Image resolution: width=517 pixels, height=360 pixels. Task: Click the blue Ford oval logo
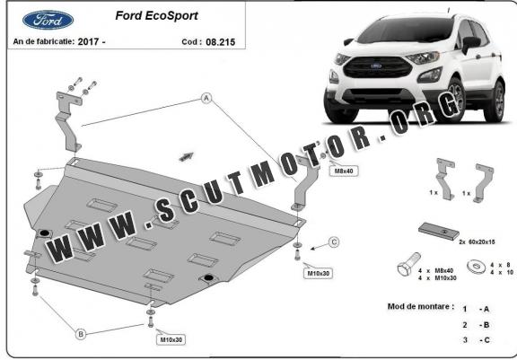pos(48,20)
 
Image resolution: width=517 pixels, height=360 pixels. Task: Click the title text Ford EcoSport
pos(156,15)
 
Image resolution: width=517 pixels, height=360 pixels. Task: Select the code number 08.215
pos(220,42)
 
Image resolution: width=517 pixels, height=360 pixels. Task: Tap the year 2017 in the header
pos(88,41)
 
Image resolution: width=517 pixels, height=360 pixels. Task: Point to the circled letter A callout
pos(206,98)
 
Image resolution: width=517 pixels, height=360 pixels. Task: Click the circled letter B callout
pos(81,334)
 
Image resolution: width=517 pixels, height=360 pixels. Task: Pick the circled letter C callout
pos(334,242)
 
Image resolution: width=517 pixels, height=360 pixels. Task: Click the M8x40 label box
pos(344,171)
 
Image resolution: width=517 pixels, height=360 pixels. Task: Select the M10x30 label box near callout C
pos(318,273)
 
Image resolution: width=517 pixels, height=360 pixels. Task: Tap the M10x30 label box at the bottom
pos(171,339)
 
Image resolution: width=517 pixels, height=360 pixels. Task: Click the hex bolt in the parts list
pos(409,265)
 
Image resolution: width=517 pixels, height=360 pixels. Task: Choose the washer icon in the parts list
pos(476,266)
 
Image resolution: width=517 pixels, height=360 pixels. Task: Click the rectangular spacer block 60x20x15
pos(439,231)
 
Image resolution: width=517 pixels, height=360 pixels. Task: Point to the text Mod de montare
pos(421,306)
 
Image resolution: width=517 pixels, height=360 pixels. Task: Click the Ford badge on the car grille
pos(376,66)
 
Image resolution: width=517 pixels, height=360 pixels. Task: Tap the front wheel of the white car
pos(458,99)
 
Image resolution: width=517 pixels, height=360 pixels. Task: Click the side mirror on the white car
pos(471,43)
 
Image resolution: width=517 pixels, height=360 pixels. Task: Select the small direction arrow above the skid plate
pos(187,156)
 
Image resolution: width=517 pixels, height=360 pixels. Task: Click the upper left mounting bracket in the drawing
pos(68,121)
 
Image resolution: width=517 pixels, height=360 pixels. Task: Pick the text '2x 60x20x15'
pos(477,241)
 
